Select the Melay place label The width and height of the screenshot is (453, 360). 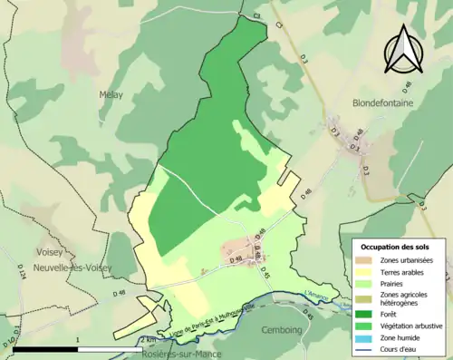pyautogui.click(x=111, y=93)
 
